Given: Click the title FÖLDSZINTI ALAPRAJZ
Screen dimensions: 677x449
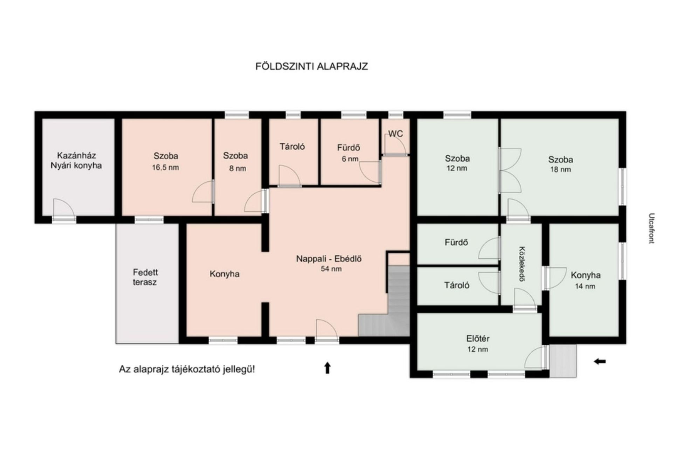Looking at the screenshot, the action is pyautogui.click(x=311, y=66).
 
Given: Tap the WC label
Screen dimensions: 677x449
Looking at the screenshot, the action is pyautogui.click(x=395, y=134).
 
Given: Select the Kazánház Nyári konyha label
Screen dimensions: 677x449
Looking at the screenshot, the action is pyautogui.click(x=76, y=160).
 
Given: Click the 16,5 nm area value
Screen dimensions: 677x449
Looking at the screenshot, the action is pyautogui.click(x=165, y=167).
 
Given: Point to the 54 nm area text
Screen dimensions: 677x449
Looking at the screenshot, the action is pyautogui.click(x=331, y=269).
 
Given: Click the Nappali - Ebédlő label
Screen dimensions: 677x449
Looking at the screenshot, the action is pyautogui.click(x=329, y=259).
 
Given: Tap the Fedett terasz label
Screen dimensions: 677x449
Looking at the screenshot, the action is pyautogui.click(x=145, y=277).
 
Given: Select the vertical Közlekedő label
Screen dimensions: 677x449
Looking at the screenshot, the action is pyautogui.click(x=522, y=264).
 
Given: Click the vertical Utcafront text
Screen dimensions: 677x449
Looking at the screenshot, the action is pyautogui.click(x=651, y=228).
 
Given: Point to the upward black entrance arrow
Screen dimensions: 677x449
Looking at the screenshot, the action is pyautogui.click(x=327, y=368).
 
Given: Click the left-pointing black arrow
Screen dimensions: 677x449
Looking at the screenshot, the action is pyautogui.click(x=600, y=361).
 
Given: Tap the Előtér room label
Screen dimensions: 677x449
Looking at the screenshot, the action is pyautogui.click(x=478, y=339).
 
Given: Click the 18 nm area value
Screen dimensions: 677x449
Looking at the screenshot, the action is pyautogui.click(x=560, y=169).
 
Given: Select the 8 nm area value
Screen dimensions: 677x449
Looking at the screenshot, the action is pyautogui.click(x=237, y=168).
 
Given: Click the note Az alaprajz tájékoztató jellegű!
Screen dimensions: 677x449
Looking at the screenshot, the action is pyautogui.click(x=187, y=369).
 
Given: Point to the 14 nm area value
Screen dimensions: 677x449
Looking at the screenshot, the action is pyautogui.click(x=585, y=286).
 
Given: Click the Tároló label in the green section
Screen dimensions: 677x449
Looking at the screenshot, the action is pyautogui.click(x=457, y=285).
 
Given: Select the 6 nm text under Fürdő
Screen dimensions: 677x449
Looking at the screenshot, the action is pyautogui.click(x=350, y=159).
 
